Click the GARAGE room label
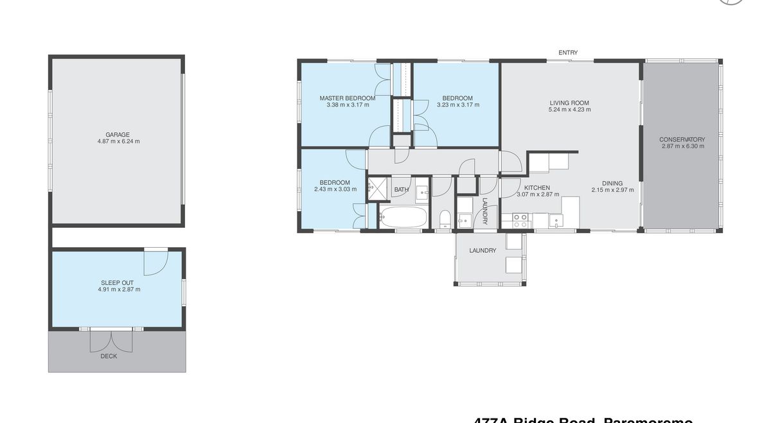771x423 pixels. (x=118, y=135)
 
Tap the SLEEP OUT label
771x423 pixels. (x=117, y=282)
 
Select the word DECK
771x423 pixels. (x=109, y=356)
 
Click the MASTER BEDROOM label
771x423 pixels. (x=348, y=98)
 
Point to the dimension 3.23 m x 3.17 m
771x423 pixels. (x=457, y=105)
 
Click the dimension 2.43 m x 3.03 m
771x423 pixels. (x=335, y=189)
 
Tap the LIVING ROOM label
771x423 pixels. (x=569, y=103)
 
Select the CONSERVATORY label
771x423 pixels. (x=682, y=139)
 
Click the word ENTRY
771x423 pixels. (x=568, y=53)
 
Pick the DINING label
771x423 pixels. (x=612, y=183)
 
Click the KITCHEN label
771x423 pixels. (x=537, y=187)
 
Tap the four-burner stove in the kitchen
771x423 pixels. (x=520, y=221)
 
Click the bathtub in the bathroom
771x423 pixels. (x=403, y=217)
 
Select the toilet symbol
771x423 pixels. (x=445, y=218)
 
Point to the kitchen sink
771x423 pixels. (x=556, y=221)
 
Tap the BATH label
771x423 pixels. (x=401, y=189)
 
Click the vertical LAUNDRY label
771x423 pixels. (x=485, y=211)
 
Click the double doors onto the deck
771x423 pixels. (x=112, y=340)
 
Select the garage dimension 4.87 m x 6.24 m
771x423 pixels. (x=118, y=141)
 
